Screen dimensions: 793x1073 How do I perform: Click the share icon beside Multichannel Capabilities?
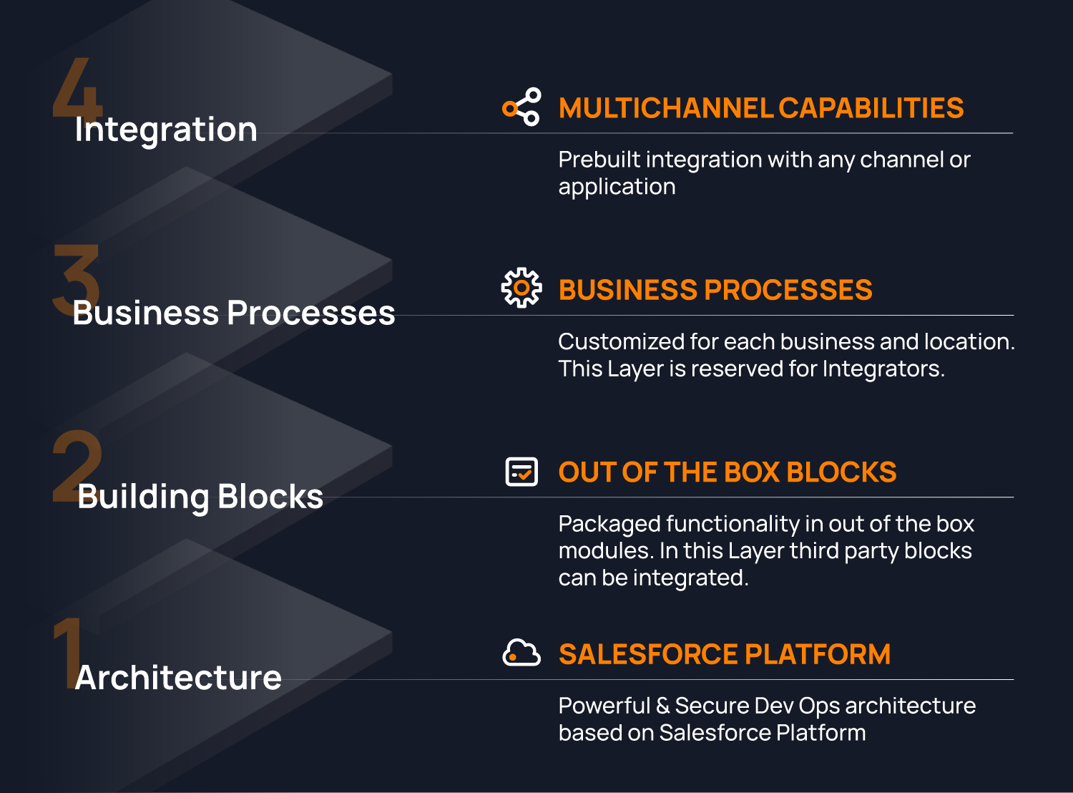point(521,107)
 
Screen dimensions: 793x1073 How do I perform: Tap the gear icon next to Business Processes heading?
point(521,288)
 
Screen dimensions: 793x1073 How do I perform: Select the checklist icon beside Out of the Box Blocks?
point(521,472)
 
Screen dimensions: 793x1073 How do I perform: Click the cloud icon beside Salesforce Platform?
point(521,653)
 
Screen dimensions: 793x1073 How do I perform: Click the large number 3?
point(76,276)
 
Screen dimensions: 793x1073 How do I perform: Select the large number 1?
point(67,648)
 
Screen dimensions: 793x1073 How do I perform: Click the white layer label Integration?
point(166,130)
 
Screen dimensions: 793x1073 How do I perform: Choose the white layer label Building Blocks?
point(200,497)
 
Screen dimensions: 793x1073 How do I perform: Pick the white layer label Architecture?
point(178,677)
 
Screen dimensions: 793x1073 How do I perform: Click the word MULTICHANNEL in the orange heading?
point(665,108)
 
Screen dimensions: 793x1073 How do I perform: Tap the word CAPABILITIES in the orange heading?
point(871,108)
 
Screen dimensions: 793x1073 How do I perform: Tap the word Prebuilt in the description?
point(599,160)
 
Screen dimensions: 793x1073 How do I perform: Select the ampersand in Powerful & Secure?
point(662,706)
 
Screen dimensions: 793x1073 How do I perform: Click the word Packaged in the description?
point(609,525)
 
